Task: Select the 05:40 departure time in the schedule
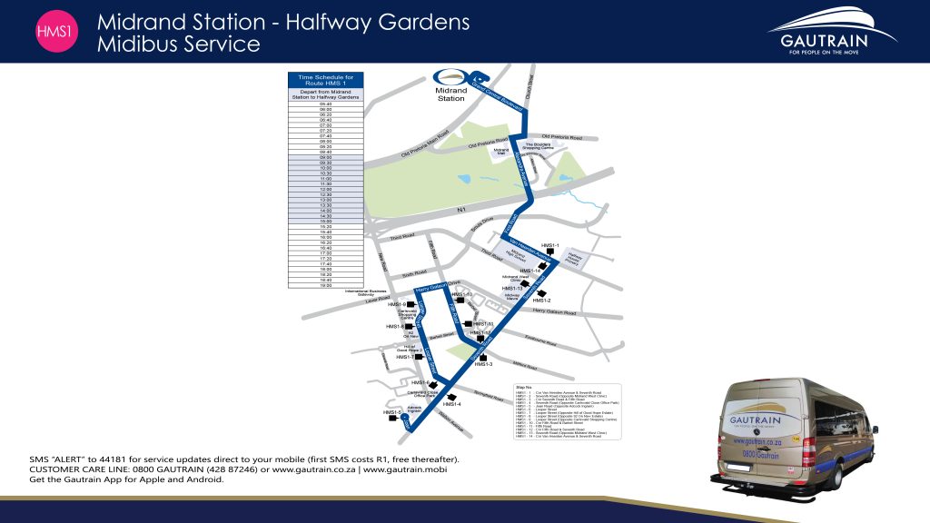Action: pos(325,104)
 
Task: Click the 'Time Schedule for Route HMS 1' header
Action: pos(325,81)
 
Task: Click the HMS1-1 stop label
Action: pos(549,246)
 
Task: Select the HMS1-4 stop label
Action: pos(452,404)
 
